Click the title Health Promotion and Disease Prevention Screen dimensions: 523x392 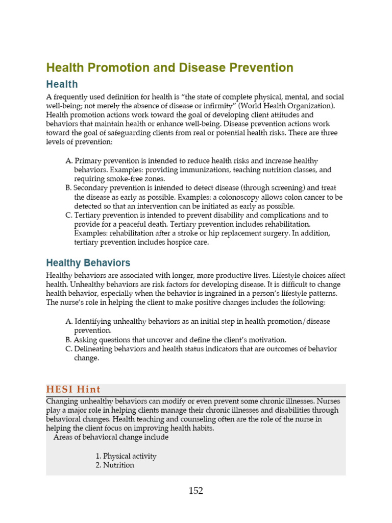[169, 68]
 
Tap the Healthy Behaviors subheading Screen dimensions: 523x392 [88, 263]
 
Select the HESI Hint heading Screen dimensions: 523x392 [73, 390]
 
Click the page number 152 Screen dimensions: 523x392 [195, 491]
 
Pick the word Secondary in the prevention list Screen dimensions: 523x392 [92, 188]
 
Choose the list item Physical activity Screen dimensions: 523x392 [130, 456]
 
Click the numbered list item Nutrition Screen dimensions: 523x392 [118, 465]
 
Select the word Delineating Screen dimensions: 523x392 [94, 349]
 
